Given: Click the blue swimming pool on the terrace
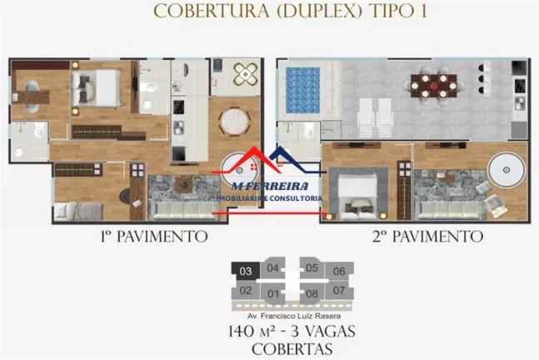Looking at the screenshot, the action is (303, 90).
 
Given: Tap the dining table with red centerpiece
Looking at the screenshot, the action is (434, 86).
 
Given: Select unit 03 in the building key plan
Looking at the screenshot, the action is (246, 272).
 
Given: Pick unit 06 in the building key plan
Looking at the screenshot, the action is (339, 272).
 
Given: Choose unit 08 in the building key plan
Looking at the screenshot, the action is (312, 294).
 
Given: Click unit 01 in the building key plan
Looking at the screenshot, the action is (273, 294).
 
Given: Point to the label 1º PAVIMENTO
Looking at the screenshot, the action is (154, 237).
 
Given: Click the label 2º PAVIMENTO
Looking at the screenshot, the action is (427, 237).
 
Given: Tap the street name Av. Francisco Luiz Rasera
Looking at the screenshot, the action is (294, 316).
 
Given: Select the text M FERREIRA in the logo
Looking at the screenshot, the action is (270, 186).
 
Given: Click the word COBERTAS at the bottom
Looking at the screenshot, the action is (292, 349).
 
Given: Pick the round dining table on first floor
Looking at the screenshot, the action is (235, 122).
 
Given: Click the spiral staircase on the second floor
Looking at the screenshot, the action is (507, 170).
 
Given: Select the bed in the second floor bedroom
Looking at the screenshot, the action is (357, 196).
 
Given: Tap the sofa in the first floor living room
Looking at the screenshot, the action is (185, 211).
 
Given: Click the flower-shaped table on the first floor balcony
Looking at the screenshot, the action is (246, 74).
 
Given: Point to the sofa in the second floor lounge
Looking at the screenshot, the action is (449, 211).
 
